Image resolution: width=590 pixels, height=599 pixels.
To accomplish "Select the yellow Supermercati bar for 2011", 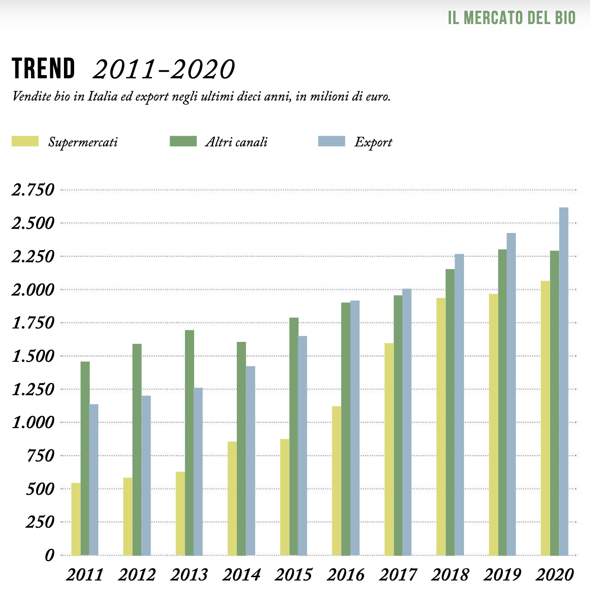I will [76, 519].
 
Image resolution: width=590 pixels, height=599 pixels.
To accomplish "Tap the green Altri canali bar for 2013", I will [189, 442].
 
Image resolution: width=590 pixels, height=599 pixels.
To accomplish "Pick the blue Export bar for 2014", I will [250, 460].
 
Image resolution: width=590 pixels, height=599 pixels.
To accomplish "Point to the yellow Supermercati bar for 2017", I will [389, 449].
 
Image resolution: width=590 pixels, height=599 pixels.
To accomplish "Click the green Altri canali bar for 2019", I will [502, 402].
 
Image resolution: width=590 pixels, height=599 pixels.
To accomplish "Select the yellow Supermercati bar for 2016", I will [336, 480].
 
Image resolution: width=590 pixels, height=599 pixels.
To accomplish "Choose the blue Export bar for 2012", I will [146, 475].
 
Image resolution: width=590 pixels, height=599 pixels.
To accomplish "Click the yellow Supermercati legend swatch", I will [25, 141].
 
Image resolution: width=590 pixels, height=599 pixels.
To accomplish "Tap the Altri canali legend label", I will [236, 142].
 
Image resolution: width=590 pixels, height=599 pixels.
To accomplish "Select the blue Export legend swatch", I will [331, 141].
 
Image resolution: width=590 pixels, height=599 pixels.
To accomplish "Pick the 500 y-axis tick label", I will [40, 489].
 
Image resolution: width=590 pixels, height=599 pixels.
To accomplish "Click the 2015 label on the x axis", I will [294, 575].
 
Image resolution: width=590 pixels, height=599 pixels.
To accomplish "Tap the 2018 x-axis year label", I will [450, 575].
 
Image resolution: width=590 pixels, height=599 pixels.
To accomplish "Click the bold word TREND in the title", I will [43, 69].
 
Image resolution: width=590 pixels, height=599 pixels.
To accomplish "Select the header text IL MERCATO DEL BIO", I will [512, 18].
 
